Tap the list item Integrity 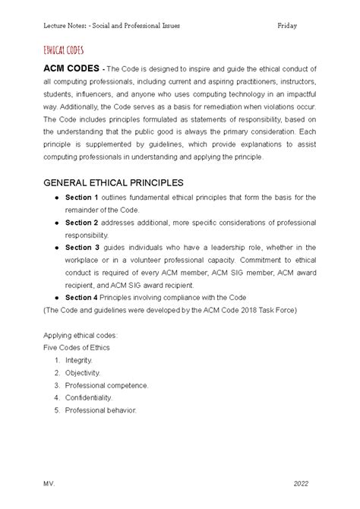(x=79, y=359)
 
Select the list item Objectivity (x=83, y=372)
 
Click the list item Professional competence (x=106, y=385)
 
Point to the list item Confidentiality (x=88, y=397)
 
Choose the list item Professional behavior (x=100, y=410)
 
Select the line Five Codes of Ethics (x=76, y=347)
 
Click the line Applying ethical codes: (x=81, y=334)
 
